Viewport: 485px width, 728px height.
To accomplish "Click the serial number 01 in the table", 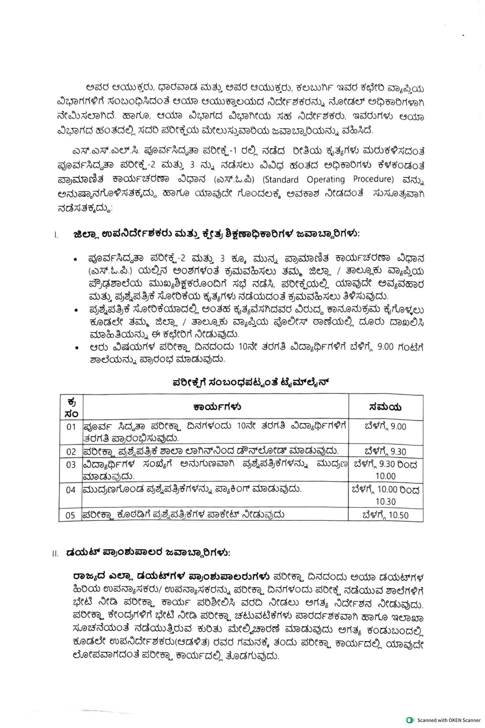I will point(71,427).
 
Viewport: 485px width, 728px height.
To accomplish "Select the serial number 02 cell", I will point(71,452).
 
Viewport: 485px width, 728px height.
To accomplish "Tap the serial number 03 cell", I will point(71,465).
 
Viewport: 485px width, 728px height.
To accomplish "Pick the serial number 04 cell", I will point(71,490).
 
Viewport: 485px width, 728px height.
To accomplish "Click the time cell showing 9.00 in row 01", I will point(386,427).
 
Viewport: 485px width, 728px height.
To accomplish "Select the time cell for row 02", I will point(386,452).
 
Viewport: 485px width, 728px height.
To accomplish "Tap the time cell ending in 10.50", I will point(386,515).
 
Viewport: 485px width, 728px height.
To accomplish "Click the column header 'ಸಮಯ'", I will point(386,407).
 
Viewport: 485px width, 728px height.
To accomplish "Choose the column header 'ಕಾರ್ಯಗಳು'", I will point(217,407).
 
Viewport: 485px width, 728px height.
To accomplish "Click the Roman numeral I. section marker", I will point(56,235).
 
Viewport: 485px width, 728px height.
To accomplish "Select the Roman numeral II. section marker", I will point(55,554).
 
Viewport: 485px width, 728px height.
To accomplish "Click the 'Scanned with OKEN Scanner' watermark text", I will point(449,720).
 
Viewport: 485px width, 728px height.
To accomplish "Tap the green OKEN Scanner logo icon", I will point(410,720).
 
